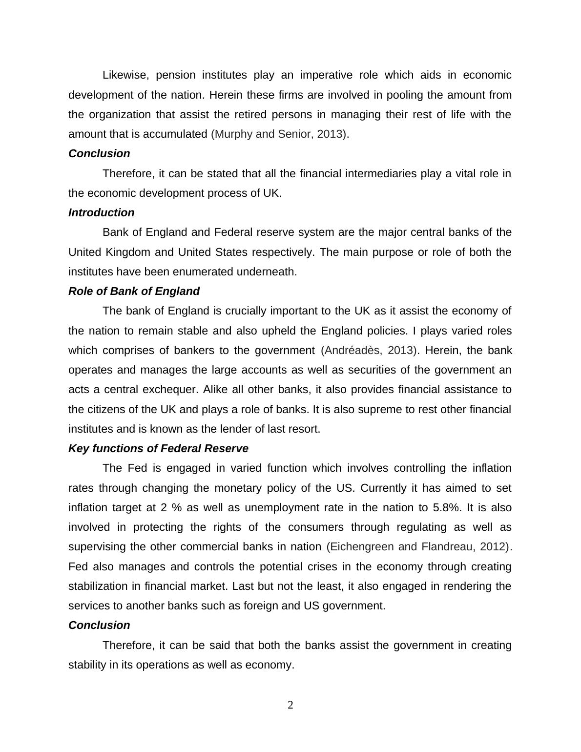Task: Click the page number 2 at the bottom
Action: pos(290,705)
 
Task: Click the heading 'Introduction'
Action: pos(101,212)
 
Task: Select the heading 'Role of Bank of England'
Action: pos(134,291)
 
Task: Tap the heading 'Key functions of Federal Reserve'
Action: pos(158,448)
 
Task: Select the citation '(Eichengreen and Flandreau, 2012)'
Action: pos(418,546)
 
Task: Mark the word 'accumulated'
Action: pos(177,134)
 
